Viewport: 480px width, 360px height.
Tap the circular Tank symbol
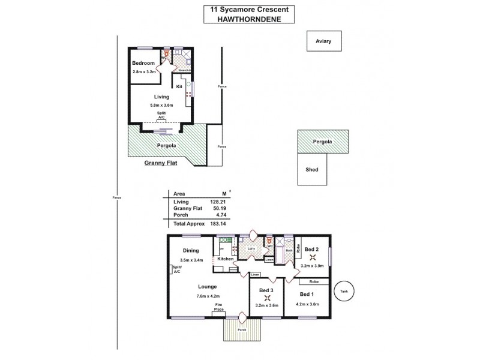(x=344, y=291)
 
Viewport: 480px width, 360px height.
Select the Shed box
(x=312, y=169)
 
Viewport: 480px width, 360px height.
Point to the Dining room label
(x=191, y=251)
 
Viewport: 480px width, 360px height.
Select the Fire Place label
(x=220, y=307)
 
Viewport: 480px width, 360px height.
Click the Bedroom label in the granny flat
(x=143, y=63)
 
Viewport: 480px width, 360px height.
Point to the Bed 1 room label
(x=306, y=294)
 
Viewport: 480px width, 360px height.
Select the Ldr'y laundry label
(x=251, y=248)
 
